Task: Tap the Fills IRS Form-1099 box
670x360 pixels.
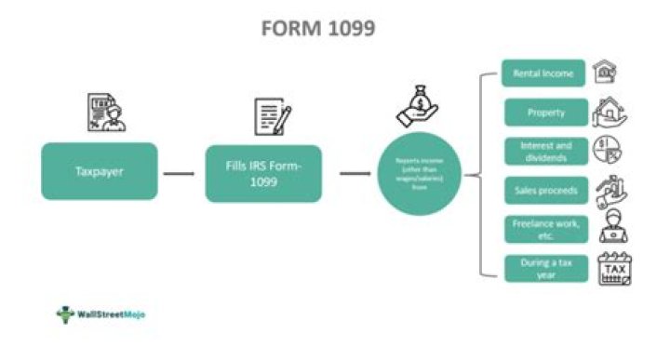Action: (x=263, y=172)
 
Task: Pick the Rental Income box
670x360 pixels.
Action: (x=544, y=73)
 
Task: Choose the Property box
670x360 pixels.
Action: (x=545, y=113)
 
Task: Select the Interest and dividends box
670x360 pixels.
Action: (x=545, y=151)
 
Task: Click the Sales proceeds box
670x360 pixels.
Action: (x=545, y=190)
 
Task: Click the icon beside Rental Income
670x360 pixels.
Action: (x=606, y=72)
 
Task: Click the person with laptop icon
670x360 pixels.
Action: (x=613, y=229)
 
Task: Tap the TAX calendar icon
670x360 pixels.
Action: (x=614, y=269)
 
